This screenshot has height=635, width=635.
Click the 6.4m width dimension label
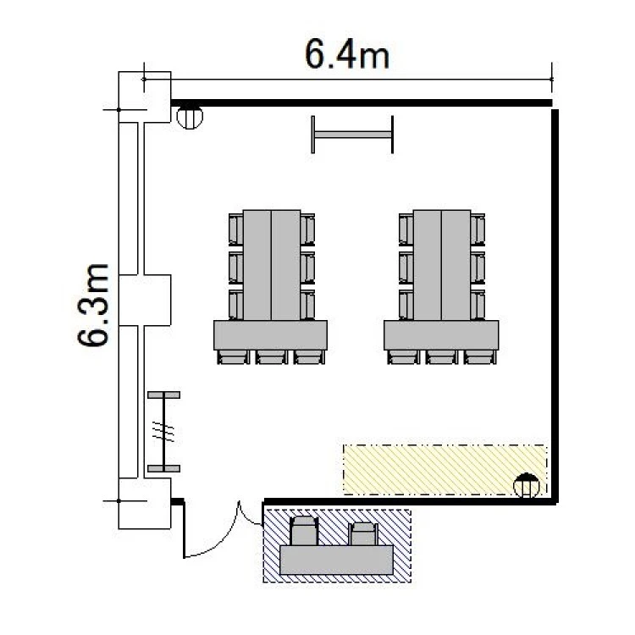pyautogui.click(x=347, y=54)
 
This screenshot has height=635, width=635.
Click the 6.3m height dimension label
pyautogui.click(x=93, y=305)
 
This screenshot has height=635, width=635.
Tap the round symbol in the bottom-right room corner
pyautogui.click(x=526, y=485)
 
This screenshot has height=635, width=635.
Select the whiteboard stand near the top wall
pyautogui.click(x=352, y=135)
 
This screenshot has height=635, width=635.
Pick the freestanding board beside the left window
pyautogui.click(x=163, y=432)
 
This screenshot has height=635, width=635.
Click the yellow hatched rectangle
pyautogui.click(x=445, y=470)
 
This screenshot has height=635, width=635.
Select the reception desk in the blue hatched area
pyautogui.click(x=336, y=560)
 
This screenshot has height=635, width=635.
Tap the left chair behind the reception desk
pyautogui.click(x=304, y=531)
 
